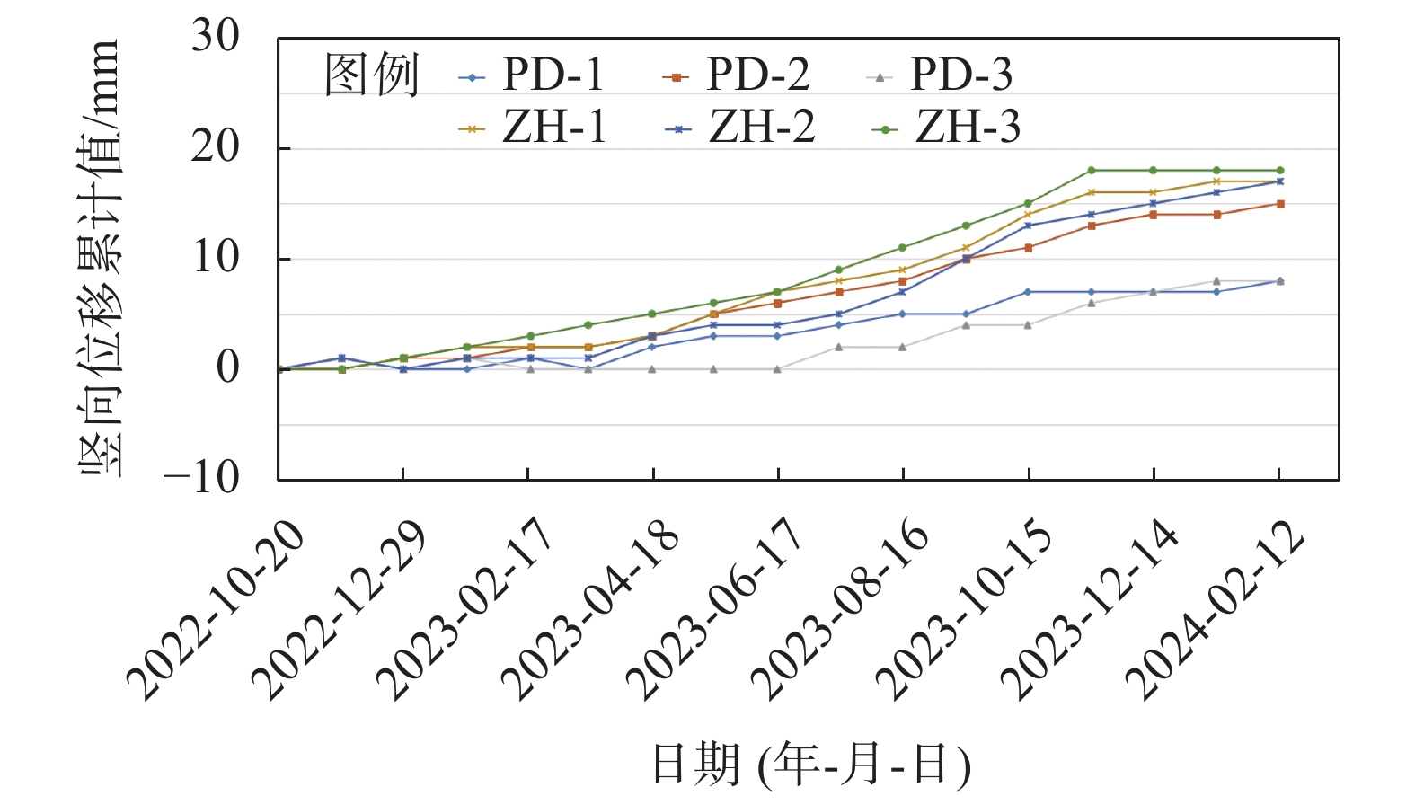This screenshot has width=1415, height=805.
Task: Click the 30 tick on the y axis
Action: coord(216,38)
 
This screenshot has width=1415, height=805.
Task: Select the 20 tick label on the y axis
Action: coord(216,147)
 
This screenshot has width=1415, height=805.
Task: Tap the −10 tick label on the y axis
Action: coord(202,477)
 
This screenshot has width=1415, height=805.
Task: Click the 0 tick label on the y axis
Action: coord(228,367)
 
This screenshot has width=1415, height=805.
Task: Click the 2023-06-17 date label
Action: coord(714,611)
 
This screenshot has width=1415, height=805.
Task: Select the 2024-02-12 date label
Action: coord(1215,611)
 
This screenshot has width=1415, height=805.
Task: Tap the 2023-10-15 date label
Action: coord(964,611)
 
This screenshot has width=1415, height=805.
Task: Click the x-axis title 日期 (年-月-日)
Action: coord(810,765)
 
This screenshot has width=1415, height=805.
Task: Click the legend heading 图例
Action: coord(371,75)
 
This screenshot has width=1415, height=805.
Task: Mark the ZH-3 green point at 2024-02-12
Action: coord(1280,170)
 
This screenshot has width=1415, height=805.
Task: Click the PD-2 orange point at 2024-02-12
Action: coord(1280,204)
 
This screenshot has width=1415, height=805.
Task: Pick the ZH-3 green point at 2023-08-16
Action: coord(903,247)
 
